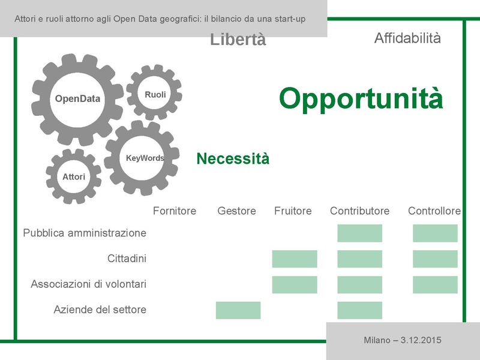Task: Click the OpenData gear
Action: click(77, 100)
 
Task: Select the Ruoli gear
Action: click(155, 95)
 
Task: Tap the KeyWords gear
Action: click(144, 158)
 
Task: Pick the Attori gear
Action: click(74, 177)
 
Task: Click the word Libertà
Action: click(238, 40)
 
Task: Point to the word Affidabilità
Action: click(407, 38)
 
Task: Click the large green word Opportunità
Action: click(361, 98)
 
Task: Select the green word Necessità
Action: click(233, 159)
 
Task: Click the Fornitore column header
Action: click(175, 211)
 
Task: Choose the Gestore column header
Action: click(236, 211)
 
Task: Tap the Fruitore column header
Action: click(293, 211)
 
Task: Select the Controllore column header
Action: click(434, 211)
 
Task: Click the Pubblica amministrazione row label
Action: click(85, 233)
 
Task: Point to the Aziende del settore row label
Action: click(100, 310)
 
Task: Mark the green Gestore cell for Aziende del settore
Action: click(238, 310)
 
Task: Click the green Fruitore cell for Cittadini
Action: click(295, 259)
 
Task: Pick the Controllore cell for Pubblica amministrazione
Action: click(435, 233)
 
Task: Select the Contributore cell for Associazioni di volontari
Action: click(359, 284)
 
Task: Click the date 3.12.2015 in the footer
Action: click(418, 341)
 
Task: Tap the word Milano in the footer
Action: click(377, 341)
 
